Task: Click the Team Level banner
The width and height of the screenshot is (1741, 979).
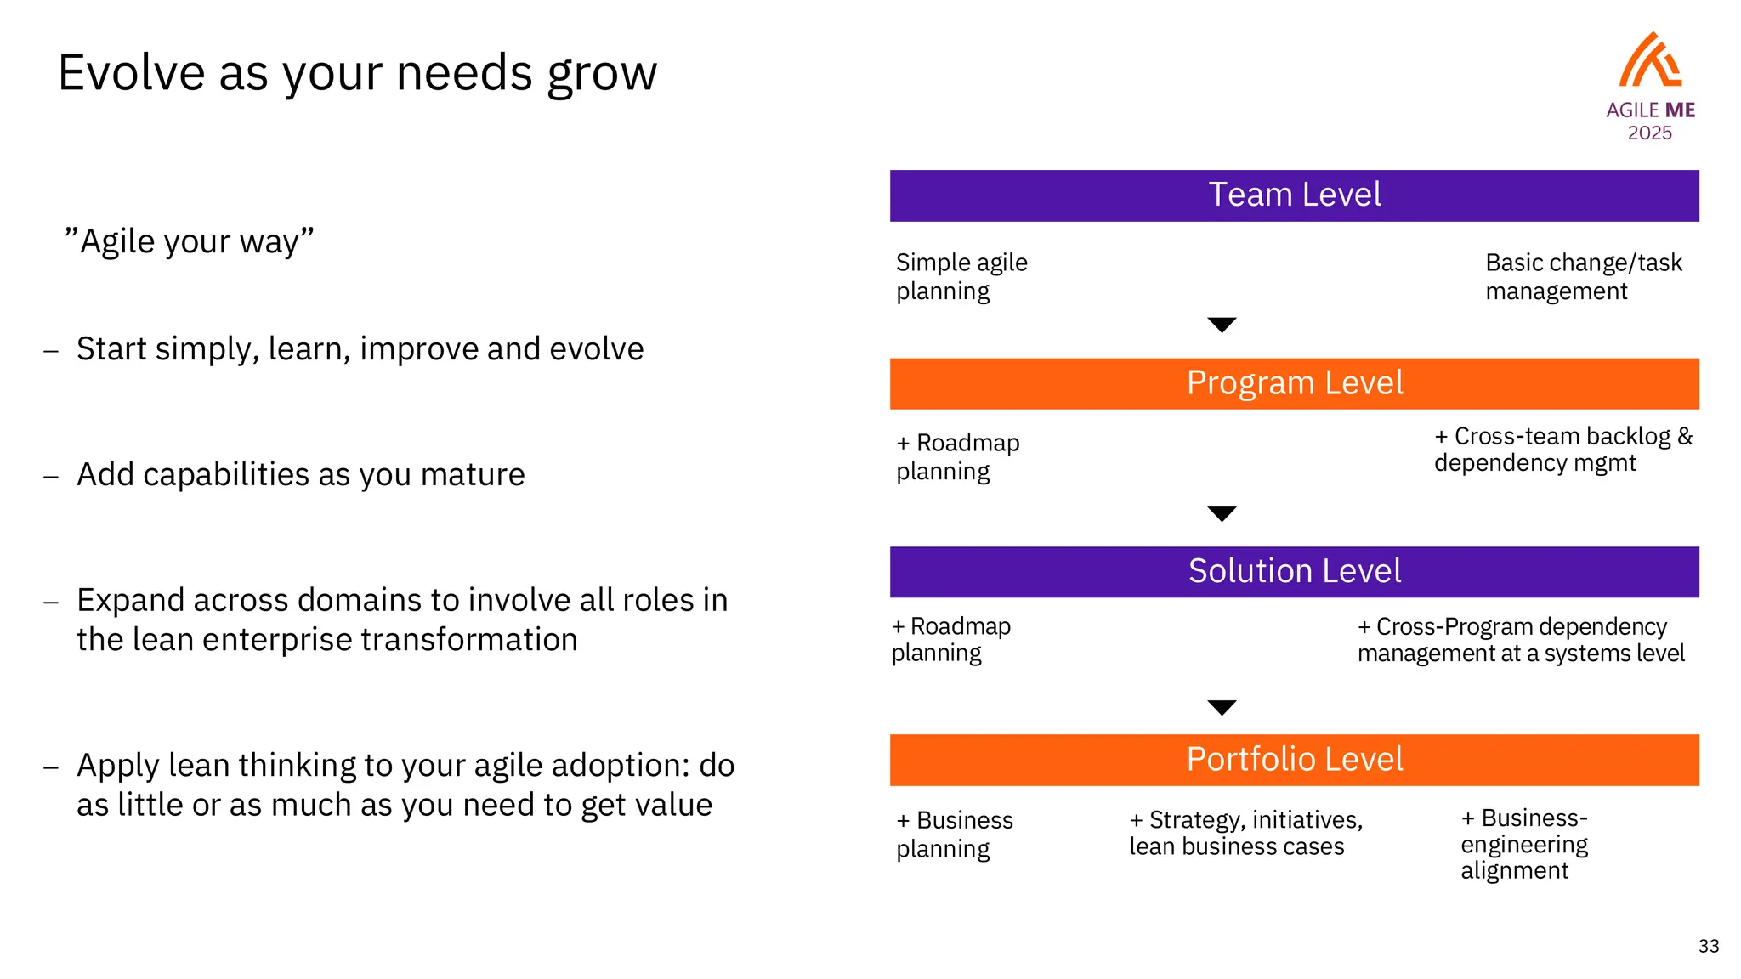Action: click(1294, 195)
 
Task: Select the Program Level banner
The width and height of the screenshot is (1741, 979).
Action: click(1294, 383)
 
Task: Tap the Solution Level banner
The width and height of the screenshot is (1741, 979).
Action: click(1294, 571)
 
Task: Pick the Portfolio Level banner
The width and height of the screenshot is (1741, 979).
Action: click(1294, 760)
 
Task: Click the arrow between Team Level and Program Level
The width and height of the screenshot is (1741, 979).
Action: click(1222, 325)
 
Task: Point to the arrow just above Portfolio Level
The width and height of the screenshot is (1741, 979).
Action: click(1222, 707)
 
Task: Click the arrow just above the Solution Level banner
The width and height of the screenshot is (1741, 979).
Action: click(1222, 513)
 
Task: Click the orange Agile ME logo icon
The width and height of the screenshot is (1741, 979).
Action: click(1649, 61)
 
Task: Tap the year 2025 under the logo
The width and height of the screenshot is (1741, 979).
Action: click(1649, 133)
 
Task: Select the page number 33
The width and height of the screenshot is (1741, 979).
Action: click(1709, 946)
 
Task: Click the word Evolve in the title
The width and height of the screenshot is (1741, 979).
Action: click(131, 73)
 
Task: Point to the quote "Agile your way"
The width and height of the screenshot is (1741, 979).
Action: click(189, 241)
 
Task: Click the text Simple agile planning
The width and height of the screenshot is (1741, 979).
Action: click(961, 277)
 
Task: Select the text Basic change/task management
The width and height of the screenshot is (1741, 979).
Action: click(1583, 277)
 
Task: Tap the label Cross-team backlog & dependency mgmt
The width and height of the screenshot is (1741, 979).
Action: click(1562, 450)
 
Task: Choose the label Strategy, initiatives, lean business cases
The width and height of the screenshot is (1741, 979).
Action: click(1245, 833)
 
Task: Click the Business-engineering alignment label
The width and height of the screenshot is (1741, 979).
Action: click(1523, 844)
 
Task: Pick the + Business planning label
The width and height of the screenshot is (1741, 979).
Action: click(954, 835)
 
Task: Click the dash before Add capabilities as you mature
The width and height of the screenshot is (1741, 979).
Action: click(51, 475)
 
